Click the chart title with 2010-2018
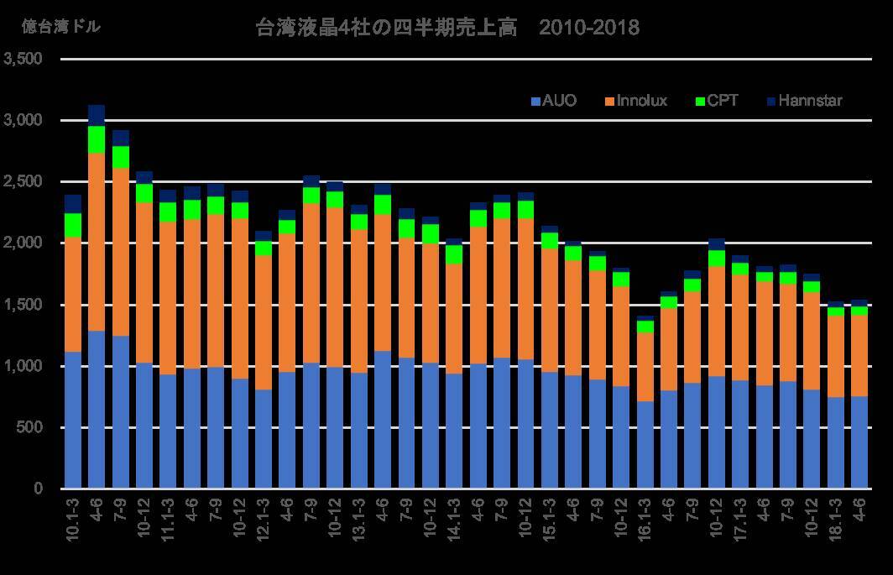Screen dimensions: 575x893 pyautogui.click(x=446, y=28)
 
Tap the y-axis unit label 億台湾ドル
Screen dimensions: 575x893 pyautogui.click(x=60, y=27)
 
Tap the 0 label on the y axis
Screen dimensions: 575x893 pyautogui.click(x=38, y=489)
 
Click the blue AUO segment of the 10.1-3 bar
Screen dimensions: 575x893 pyautogui.click(x=73, y=420)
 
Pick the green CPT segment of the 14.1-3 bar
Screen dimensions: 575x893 pyautogui.click(x=454, y=254)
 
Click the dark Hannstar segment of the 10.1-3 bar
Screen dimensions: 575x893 pyautogui.click(x=73, y=204)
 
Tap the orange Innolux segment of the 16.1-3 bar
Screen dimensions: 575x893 pyautogui.click(x=645, y=367)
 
